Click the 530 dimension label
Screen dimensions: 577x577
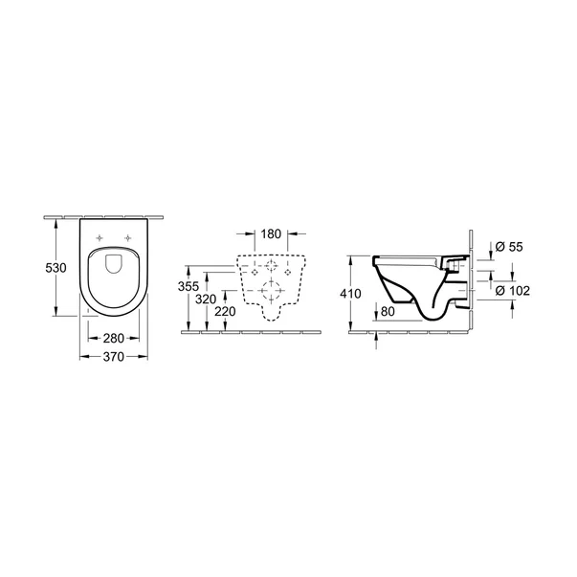(56, 269)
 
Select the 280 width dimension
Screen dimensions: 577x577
(113, 337)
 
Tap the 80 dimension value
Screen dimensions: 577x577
(388, 311)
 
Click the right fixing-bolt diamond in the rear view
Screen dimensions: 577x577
(295, 272)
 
